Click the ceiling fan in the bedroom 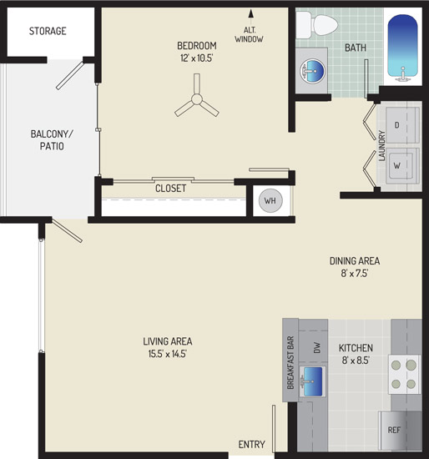click(x=197, y=99)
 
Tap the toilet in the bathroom click(x=317, y=25)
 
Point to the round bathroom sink click(x=312, y=71)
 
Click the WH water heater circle click(x=270, y=200)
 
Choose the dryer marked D click(x=402, y=125)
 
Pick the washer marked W click(x=402, y=166)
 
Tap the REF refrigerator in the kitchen click(x=400, y=430)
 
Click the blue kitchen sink click(x=313, y=381)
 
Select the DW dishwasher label click(x=317, y=347)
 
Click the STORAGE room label click(x=48, y=31)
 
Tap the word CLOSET click(x=171, y=189)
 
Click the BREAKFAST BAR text click(x=290, y=362)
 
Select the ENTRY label click(x=251, y=444)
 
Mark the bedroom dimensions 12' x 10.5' click(x=196, y=58)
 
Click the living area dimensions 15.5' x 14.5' click(x=168, y=354)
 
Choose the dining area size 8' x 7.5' click(x=355, y=273)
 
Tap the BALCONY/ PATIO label click(x=52, y=140)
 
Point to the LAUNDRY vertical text click(x=382, y=145)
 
